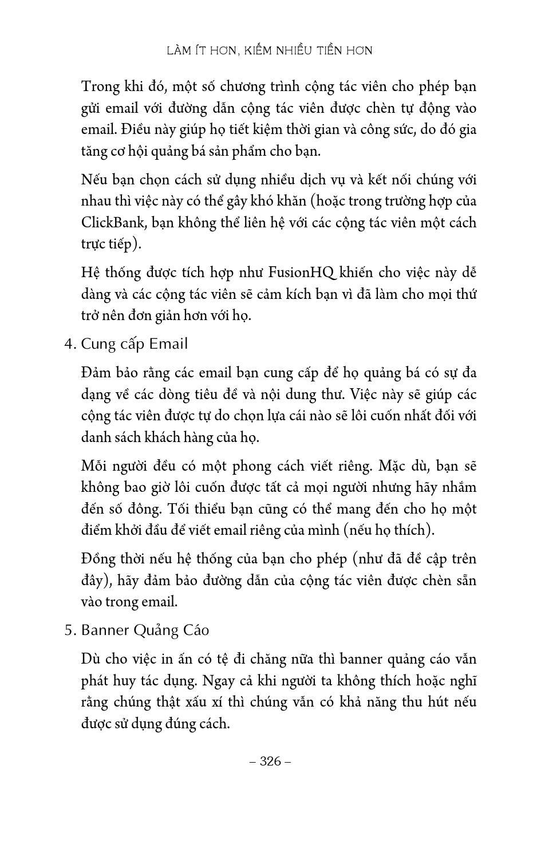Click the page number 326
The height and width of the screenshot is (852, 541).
click(271, 761)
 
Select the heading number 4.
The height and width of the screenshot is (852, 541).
click(70, 344)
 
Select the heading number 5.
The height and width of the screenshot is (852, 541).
click(70, 630)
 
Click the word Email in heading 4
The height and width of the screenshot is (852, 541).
click(168, 344)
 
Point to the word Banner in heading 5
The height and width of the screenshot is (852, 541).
click(105, 630)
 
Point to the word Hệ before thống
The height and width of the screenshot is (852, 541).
click(90, 272)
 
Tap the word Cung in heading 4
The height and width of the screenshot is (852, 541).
click(98, 344)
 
